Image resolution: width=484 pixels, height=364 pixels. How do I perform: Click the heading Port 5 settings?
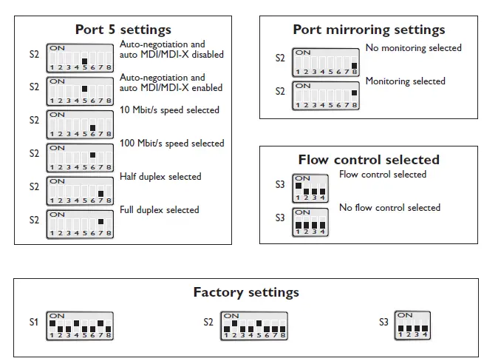(x=123, y=30)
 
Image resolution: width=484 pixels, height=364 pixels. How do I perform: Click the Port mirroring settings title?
(x=369, y=30)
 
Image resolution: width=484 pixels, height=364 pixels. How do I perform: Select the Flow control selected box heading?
(x=369, y=160)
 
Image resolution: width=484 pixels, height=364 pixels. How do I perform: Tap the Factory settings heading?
(x=246, y=292)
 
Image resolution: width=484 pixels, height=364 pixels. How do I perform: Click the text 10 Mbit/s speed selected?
(x=169, y=110)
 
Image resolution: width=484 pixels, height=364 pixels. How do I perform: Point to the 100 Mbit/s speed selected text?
(x=171, y=144)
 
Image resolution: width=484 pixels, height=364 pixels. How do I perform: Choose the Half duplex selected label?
(x=160, y=177)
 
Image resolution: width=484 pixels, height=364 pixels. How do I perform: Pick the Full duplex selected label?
(x=160, y=210)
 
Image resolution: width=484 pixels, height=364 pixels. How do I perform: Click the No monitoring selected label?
(x=413, y=48)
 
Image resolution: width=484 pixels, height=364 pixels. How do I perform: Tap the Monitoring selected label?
(x=405, y=81)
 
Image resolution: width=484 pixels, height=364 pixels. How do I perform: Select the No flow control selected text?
(x=389, y=208)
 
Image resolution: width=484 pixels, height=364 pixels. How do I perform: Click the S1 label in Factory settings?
(x=33, y=323)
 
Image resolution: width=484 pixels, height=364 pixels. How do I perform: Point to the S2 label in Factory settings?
(x=208, y=323)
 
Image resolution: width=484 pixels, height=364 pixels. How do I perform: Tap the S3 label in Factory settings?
(x=384, y=323)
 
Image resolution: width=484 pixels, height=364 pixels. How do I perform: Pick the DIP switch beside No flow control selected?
(x=310, y=222)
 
